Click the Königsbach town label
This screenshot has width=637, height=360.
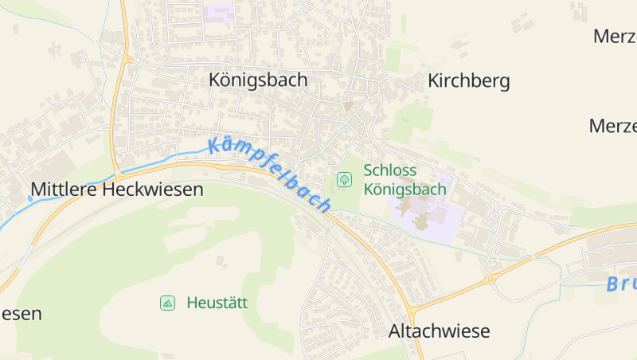[258, 80]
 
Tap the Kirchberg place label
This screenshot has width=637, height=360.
[468, 81]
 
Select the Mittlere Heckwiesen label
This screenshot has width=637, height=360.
[117, 190]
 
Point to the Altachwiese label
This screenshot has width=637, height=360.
[439, 331]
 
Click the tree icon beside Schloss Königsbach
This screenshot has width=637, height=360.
[344, 180]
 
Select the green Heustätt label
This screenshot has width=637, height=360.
[217, 303]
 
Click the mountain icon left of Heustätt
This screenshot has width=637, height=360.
[167, 303]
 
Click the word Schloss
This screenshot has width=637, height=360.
[390, 170]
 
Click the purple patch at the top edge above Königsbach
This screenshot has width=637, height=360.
[217, 10]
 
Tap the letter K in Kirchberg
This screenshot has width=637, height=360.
[434, 81]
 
